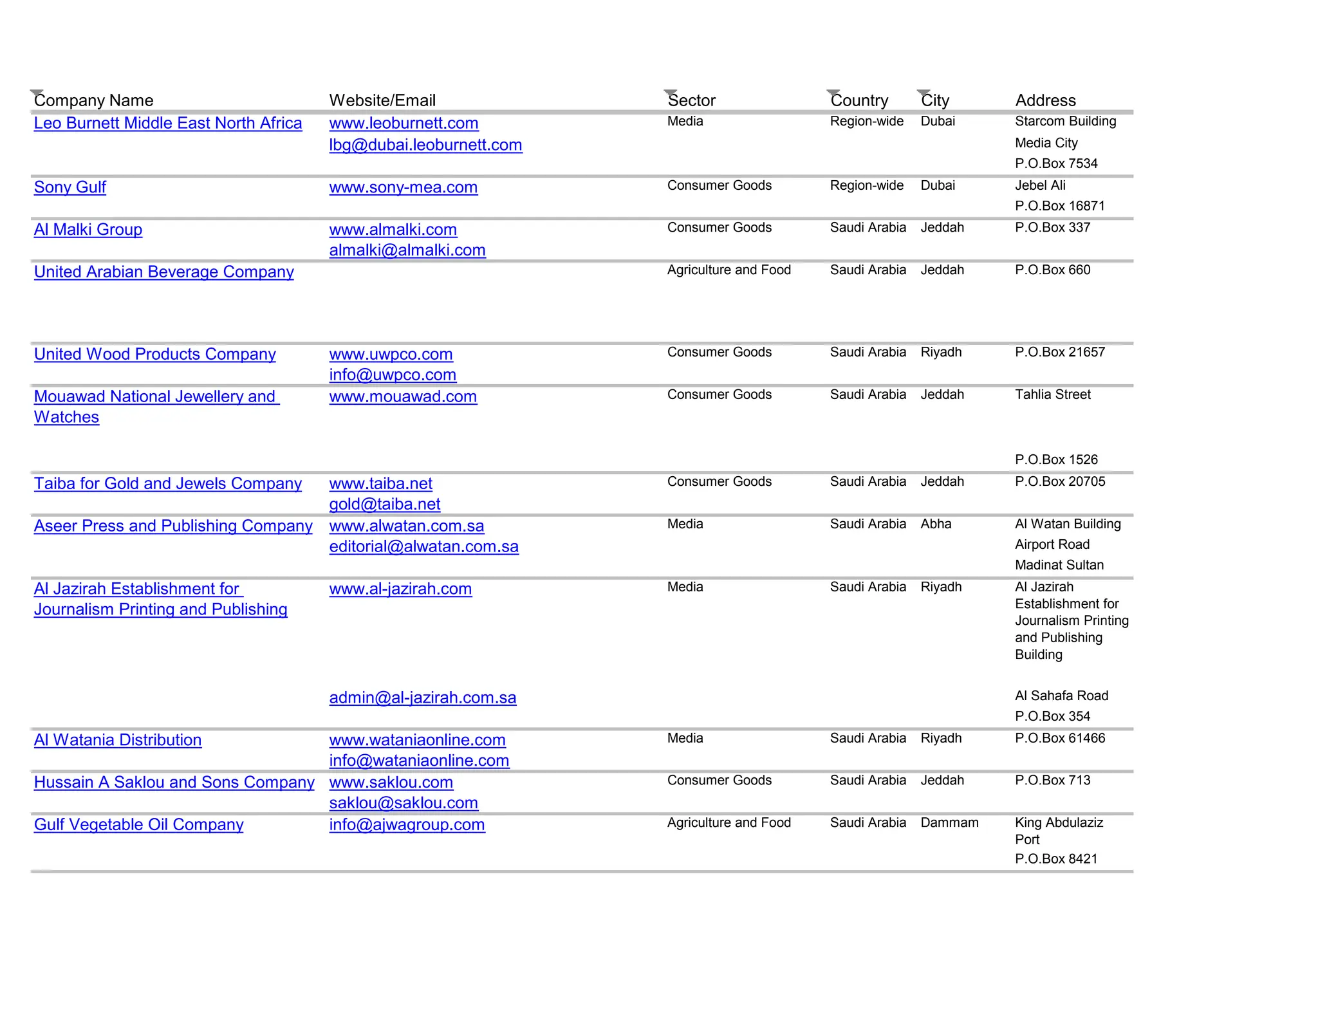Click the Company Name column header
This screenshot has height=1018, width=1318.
pos(93,100)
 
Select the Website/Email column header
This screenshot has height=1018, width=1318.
pos(382,100)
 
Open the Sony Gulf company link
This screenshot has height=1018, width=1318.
pos(70,187)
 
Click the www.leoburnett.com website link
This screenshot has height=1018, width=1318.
pos(404,123)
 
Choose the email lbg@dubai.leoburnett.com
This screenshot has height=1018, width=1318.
pos(425,145)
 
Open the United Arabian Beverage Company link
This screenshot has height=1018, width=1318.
pos(163,272)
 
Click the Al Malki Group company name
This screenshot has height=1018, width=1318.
pos(88,230)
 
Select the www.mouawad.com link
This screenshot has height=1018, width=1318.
pos(403,396)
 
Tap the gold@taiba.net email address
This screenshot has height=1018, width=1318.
pos(384,504)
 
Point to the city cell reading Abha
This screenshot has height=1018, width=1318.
pos(936,524)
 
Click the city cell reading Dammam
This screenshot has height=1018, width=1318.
pos(949,822)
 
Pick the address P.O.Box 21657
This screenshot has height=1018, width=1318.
pos(1059,352)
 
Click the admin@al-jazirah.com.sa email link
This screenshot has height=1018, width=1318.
pos(422,698)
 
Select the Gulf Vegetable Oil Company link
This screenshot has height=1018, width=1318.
pos(138,824)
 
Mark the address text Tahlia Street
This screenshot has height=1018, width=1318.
pos(1053,394)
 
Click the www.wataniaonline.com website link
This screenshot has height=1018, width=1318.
pos(417,740)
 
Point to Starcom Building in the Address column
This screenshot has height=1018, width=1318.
pos(1065,121)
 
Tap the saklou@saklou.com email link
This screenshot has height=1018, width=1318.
pos(404,803)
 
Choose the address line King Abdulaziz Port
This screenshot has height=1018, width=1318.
pos(1059,831)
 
